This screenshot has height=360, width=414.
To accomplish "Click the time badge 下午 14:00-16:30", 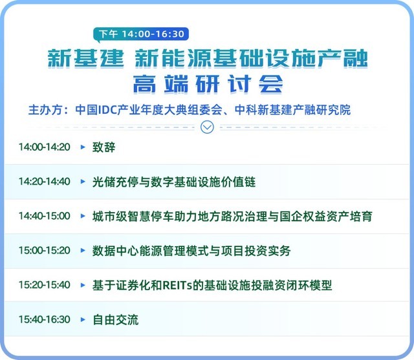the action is (141, 34).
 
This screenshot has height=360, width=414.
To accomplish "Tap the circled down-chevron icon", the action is (207, 127).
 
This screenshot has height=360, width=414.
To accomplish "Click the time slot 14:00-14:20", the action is (45, 147).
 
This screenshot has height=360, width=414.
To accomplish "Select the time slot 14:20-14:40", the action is (45, 182).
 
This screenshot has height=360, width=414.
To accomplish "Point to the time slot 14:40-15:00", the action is (45, 216).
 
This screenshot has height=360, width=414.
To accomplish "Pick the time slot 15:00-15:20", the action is (45, 250).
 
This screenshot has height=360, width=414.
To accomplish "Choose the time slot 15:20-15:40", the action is (45, 285).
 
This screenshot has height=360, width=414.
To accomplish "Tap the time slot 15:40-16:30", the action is (45, 319).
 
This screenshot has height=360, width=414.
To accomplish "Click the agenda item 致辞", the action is (103, 147).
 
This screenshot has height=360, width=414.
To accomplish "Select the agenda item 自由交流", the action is (115, 320).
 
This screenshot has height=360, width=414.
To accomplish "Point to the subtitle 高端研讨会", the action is (208, 84).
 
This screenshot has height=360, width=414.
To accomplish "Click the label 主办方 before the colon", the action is (46, 110).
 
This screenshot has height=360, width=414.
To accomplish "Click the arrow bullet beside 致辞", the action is (83, 147).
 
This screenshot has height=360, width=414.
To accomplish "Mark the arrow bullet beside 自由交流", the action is (83, 319).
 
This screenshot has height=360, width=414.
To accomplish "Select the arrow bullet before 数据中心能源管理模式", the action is (83, 250).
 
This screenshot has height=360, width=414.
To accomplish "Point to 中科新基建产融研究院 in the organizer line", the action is (292, 110).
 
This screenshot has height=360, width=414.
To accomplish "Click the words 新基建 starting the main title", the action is (85, 58).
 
